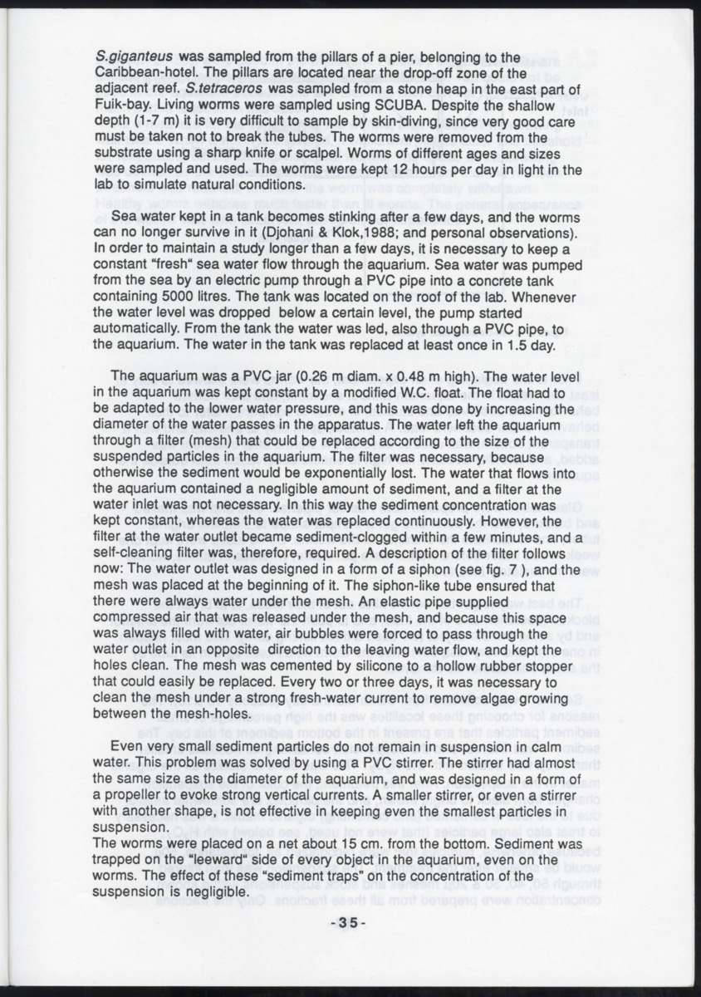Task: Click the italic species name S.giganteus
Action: [x=135, y=58]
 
